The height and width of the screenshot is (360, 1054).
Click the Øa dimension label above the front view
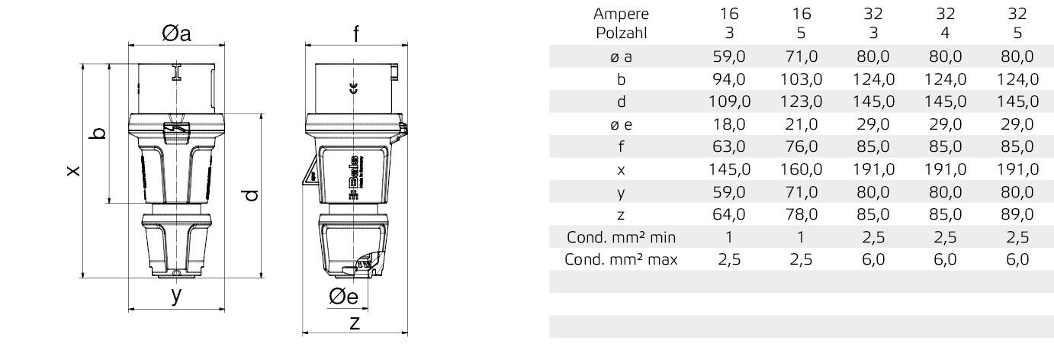tap(176, 34)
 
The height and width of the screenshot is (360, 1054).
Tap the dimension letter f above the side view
tap(355, 34)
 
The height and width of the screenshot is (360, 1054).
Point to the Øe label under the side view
tap(343, 297)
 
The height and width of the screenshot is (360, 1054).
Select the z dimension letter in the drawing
tap(354, 323)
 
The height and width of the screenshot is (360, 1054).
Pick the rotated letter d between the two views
tap(251, 196)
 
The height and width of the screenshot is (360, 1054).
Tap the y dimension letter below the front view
tap(176, 296)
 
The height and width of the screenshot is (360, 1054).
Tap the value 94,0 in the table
tap(729, 79)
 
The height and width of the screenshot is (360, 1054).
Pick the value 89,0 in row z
tap(1018, 214)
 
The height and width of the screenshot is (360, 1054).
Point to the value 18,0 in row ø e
tap(729, 124)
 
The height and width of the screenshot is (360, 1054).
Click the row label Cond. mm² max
tap(620, 259)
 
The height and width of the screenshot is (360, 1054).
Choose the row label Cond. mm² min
tap(620, 236)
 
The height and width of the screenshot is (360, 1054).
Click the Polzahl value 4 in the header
tap(946, 33)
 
